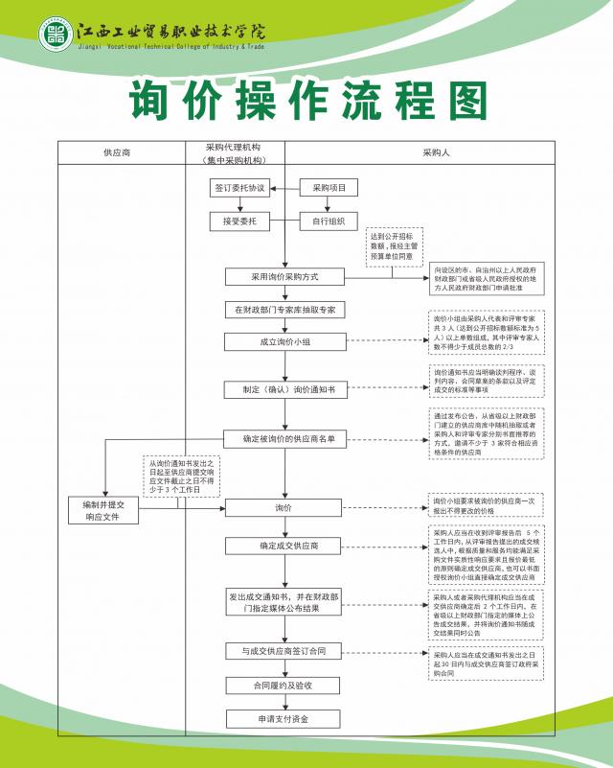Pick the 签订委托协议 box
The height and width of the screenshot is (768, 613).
click(x=238, y=188)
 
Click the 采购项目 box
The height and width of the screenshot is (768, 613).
click(x=329, y=188)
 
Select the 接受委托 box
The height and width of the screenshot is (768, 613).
click(x=238, y=222)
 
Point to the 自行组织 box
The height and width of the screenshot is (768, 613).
click(x=329, y=222)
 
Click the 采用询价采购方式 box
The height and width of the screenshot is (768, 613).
click(x=284, y=277)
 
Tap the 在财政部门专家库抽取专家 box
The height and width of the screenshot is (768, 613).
click(x=284, y=311)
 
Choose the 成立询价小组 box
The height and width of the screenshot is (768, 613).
click(x=284, y=342)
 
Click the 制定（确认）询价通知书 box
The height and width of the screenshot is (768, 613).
click(x=284, y=390)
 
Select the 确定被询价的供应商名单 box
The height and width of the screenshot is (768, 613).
click(x=284, y=439)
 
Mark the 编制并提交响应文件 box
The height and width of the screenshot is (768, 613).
click(x=105, y=510)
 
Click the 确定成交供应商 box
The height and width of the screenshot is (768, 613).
click(x=284, y=547)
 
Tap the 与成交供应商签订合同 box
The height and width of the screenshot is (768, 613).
click(x=284, y=652)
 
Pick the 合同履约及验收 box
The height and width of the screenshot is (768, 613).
click(x=284, y=686)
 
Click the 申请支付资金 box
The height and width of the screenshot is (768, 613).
click(x=284, y=718)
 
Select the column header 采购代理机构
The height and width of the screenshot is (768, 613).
click(x=234, y=152)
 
